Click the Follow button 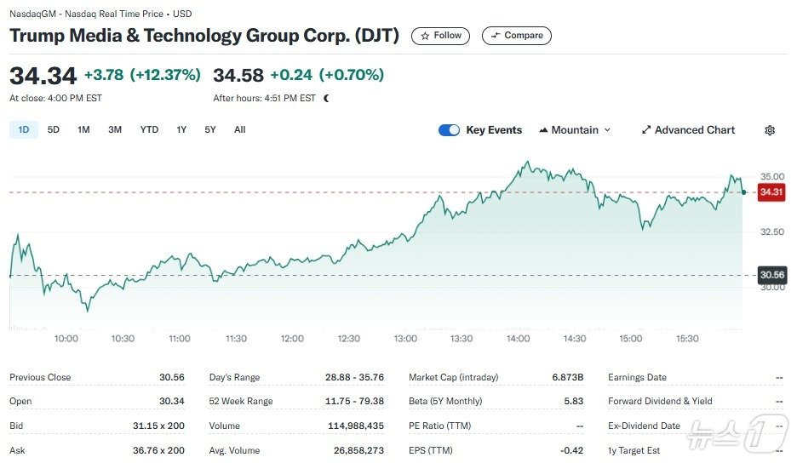click(x=440, y=36)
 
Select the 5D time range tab click(x=54, y=129)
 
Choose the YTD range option click(x=149, y=129)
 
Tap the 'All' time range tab click(x=239, y=129)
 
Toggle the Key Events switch click(x=449, y=130)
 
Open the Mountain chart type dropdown click(x=575, y=130)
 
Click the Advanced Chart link click(x=688, y=130)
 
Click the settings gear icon click(x=770, y=130)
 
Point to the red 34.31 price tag click(x=771, y=192)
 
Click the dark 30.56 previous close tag click(x=771, y=275)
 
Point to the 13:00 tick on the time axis click(x=405, y=339)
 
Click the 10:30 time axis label click(x=123, y=339)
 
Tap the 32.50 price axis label click(x=771, y=231)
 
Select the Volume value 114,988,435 click(x=356, y=426)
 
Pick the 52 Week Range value click(x=360, y=401)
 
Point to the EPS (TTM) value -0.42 click(x=571, y=449)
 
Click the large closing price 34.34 click(x=43, y=75)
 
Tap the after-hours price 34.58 click(x=238, y=75)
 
